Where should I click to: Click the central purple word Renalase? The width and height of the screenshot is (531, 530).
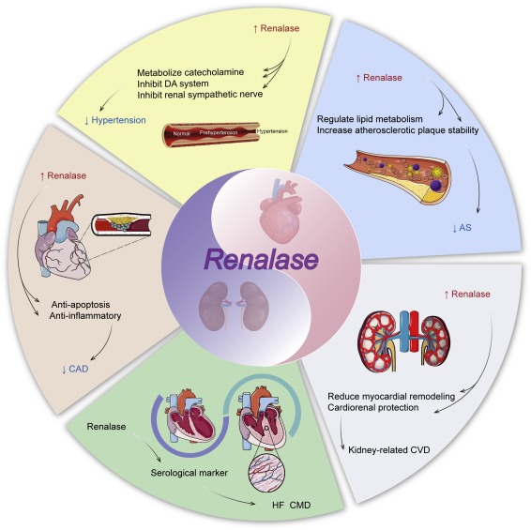pos(265,253)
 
